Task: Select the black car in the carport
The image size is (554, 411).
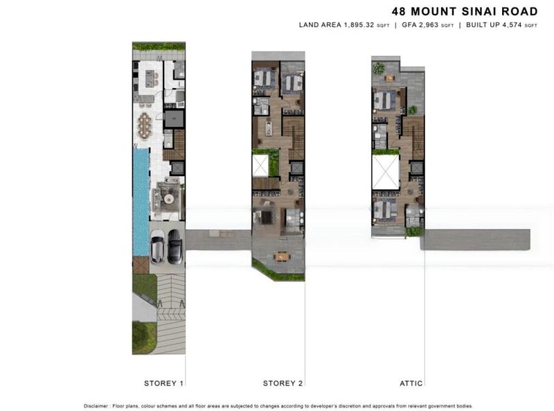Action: [175, 246]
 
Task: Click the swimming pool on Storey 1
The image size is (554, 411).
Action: [141, 201]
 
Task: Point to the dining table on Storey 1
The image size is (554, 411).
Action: [145, 127]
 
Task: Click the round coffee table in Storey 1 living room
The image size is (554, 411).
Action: [168, 197]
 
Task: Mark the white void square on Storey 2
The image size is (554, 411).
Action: [260, 166]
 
